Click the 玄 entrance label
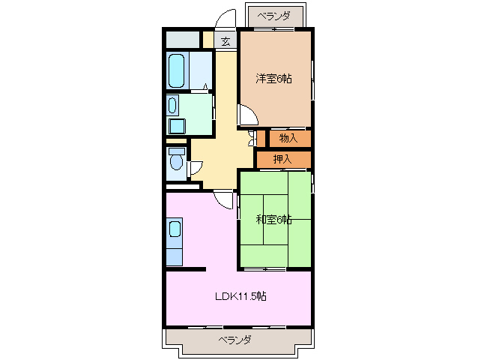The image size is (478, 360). click(x=226, y=42)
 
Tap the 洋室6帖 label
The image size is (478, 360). click(x=273, y=78)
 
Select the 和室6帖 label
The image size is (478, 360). click(x=273, y=220)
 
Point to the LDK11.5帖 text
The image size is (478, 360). click(x=239, y=296)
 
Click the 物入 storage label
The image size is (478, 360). click(x=289, y=138)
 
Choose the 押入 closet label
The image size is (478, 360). click(x=282, y=159)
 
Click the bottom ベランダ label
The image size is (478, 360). click(x=235, y=340)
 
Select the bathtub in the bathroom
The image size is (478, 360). click(x=177, y=70)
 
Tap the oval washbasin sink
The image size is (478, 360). click(x=172, y=104)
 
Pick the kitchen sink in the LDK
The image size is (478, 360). click(x=174, y=229)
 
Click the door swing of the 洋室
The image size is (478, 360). click(x=248, y=115)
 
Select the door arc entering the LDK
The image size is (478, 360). click(x=223, y=199)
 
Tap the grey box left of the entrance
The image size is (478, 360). click(x=182, y=40)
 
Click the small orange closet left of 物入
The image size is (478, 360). click(x=261, y=138)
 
